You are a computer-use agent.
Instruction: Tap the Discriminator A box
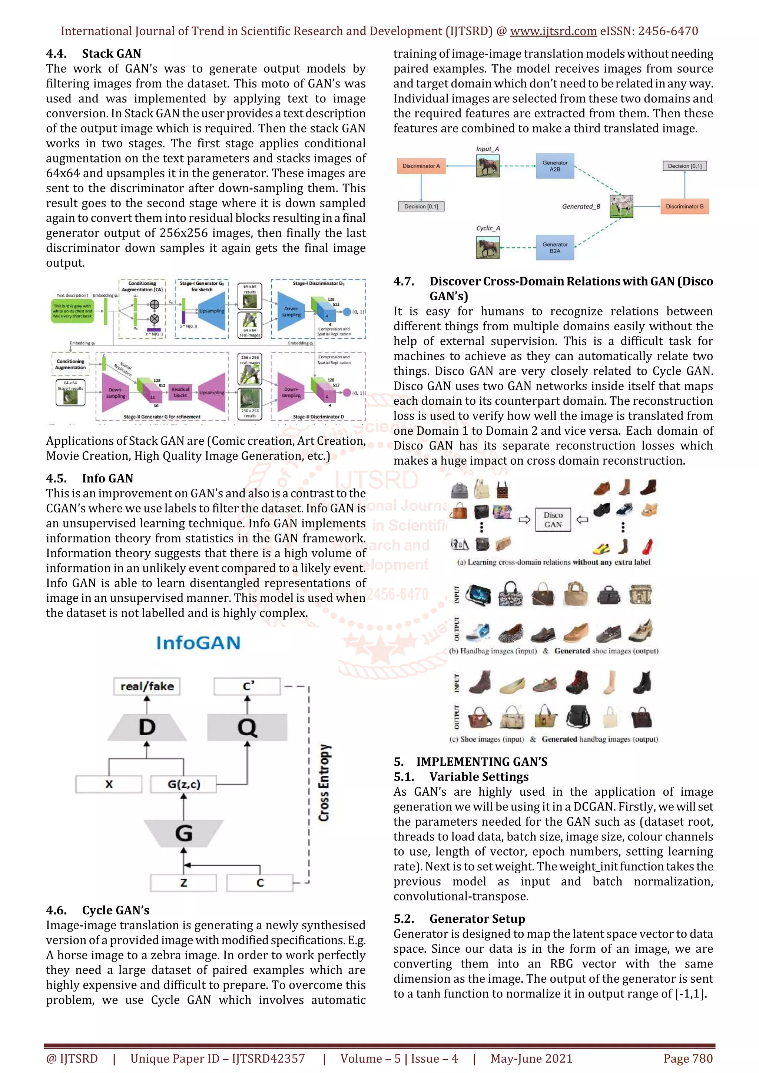421,166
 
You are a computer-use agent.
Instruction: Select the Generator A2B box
555,166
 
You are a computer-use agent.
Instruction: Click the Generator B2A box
555,248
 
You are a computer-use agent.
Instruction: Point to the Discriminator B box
684,206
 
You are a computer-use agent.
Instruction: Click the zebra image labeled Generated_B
621,206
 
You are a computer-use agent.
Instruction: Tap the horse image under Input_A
487,166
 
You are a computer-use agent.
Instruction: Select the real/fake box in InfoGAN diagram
147,686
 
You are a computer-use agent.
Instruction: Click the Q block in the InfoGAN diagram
247,727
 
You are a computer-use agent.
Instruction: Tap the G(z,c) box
183,784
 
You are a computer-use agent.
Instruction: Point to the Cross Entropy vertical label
324,783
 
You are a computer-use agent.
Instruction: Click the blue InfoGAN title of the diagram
198,643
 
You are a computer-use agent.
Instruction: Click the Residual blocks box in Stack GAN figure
180,392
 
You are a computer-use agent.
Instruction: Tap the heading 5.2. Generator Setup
459,919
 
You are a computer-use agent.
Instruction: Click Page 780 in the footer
687,1059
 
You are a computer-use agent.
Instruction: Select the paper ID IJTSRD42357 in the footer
268,1059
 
